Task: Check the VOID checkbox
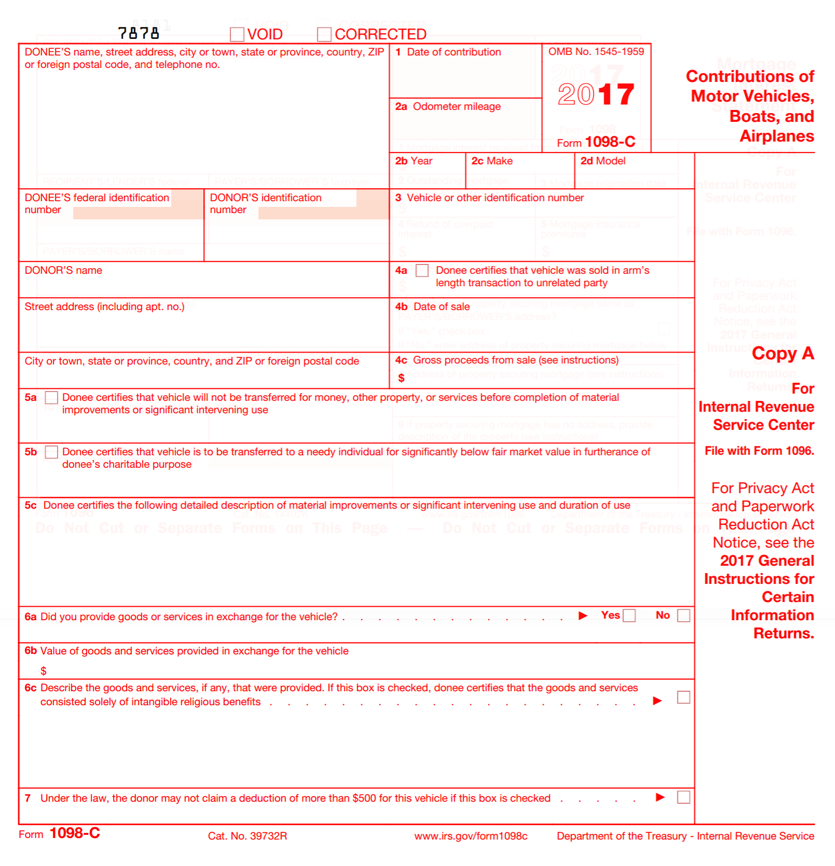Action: click(237, 34)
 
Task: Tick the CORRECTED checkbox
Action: click(324, 34)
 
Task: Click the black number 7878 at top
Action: click(138, 33)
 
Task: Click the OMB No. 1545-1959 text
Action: click(596, 51)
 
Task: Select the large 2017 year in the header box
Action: click(596, 94)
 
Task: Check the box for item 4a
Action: click(422, 270)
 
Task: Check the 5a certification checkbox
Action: click(51, 398)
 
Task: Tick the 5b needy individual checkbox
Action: click(51, 452)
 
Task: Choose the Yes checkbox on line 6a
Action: click(629, 616)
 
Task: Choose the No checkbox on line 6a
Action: click(684, 616)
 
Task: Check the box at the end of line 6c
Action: click(684, 697)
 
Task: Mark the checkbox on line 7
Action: click(684, 797)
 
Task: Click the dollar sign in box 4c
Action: click(401, 378)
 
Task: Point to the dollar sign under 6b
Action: click(44, 671)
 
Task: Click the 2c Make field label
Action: click(492, 161)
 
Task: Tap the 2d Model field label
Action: click(603, 161)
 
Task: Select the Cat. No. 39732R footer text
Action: click(247, 836)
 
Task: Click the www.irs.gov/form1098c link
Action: click(470, 836)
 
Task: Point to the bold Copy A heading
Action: click(783, 353)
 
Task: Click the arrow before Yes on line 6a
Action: click(583, 616)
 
